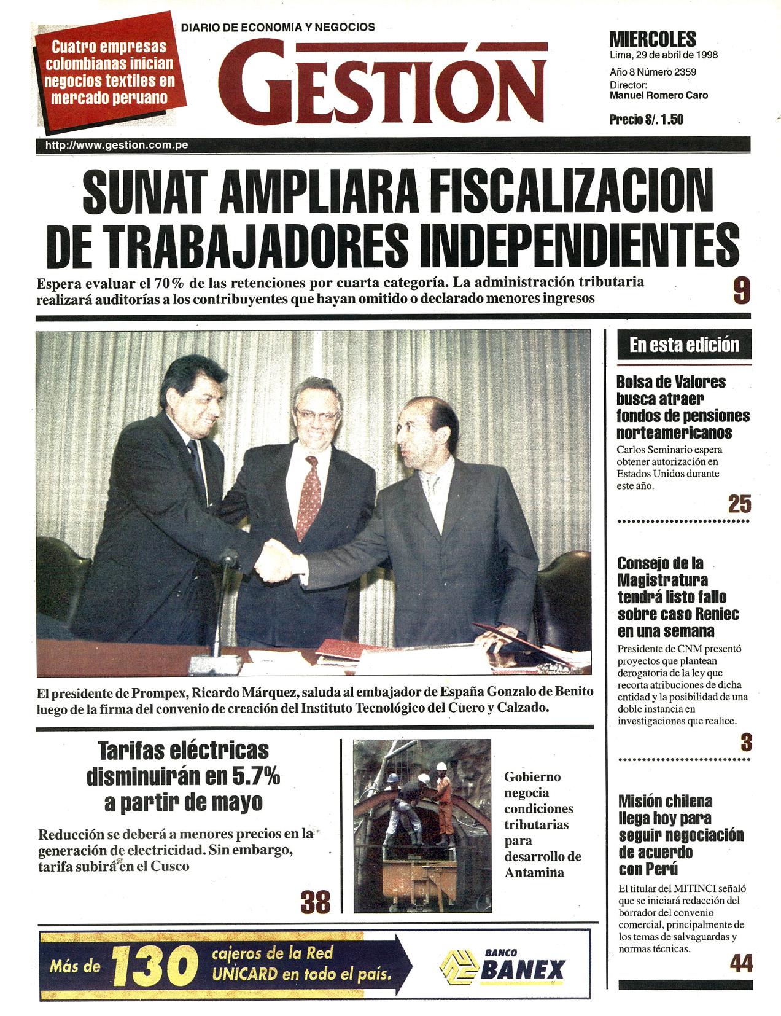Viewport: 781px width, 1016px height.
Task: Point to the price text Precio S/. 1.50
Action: tap(646, 119)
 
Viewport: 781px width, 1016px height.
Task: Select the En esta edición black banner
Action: tap(684, 345)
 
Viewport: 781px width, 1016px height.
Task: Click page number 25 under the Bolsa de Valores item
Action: tap(739, 504)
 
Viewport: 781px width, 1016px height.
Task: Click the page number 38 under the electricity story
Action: tap(315, 902)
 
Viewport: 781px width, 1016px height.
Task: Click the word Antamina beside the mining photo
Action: tap(533, 873)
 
